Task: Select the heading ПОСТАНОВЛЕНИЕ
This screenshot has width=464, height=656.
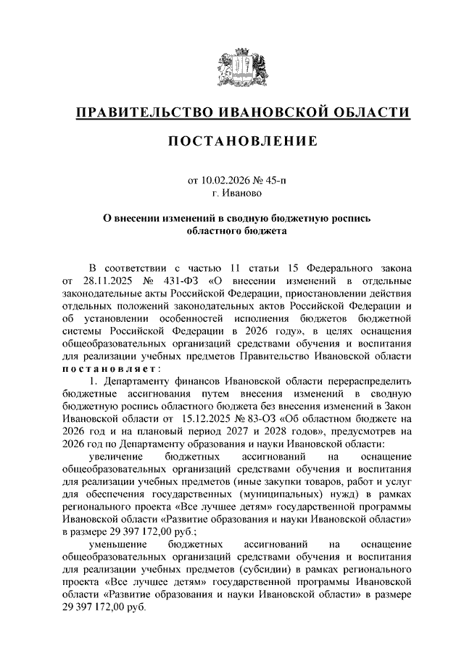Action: coord(242,141)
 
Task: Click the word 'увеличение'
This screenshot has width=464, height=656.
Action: coord(113,457)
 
